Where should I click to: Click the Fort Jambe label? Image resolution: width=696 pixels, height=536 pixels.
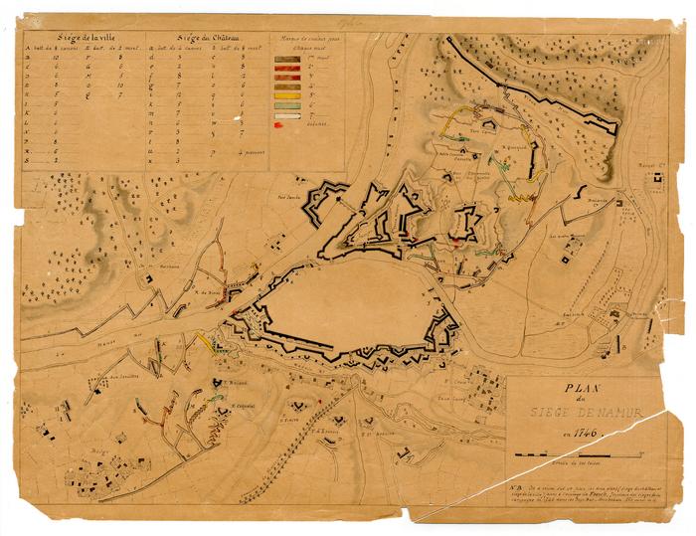click(x=289, y=196)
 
